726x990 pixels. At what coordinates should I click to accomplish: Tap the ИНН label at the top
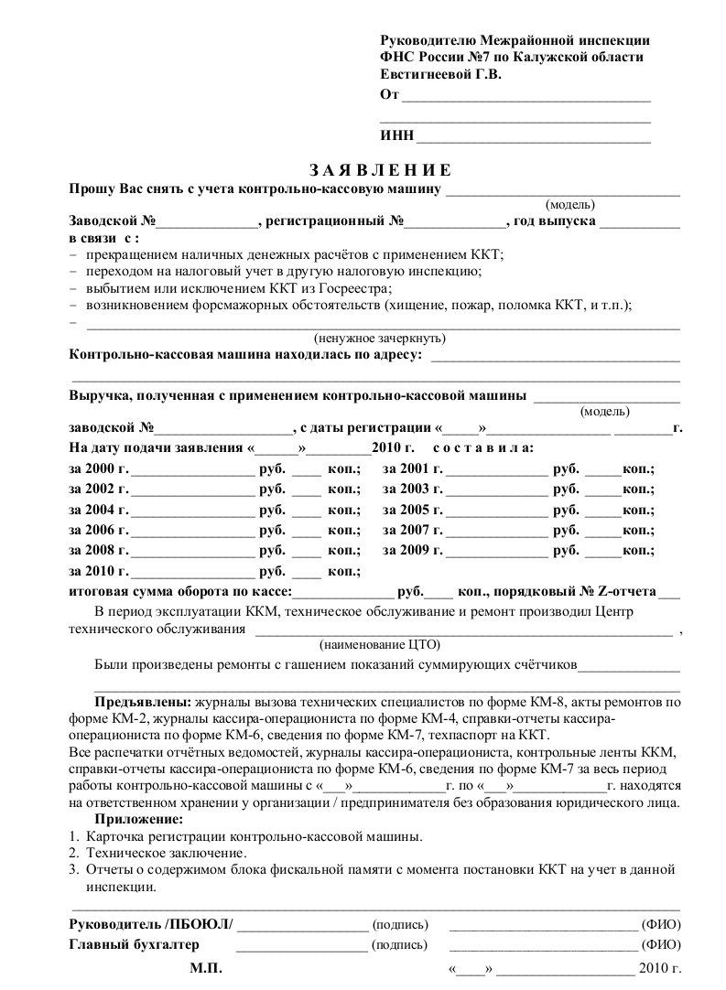(x=396, y=136)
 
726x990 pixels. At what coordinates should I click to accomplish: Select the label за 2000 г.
(x=99, y=468)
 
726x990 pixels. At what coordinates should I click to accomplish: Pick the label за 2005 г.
(x=413, y=510)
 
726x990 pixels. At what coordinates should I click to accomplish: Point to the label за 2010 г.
(x=99, y=571)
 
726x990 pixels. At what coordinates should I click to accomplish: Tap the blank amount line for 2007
(x=495, y=533)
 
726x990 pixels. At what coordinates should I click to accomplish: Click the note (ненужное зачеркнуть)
(x=379, y=338)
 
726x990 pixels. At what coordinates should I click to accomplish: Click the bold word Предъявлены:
(x=142, y=702)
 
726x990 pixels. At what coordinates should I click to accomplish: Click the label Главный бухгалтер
(x=135, y=944)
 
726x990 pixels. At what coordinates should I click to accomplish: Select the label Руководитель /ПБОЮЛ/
(x=151, y=924)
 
